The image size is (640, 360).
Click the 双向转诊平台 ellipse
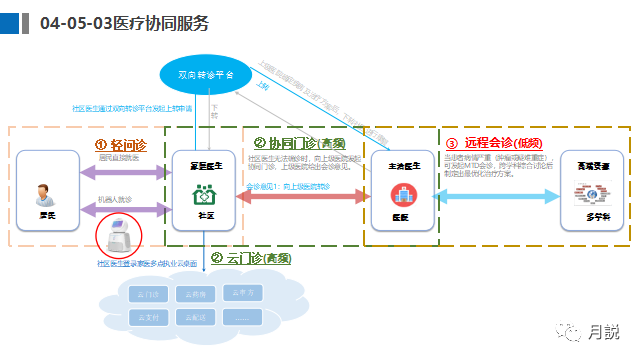pyautogui.click(x=205, y=74)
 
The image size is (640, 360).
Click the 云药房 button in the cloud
pyautogui.click(x=196, y=294)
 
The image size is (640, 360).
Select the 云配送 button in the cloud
pyautogui.click(x=196, y=317)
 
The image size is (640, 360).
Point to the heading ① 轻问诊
pyautogui.click(x=121, y=144)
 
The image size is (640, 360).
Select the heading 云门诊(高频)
pyautogui.click(x=250, y=258)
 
